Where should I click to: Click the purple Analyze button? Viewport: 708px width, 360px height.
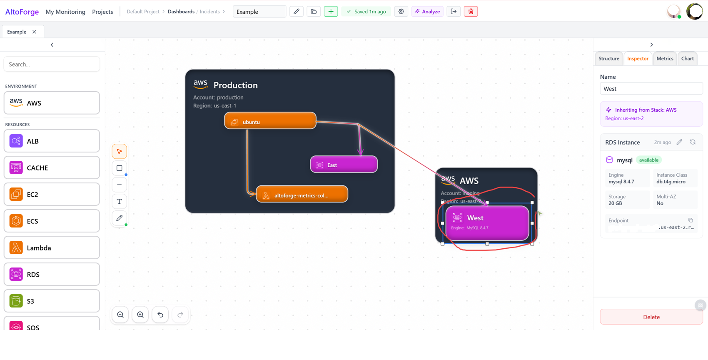tap(427, 12)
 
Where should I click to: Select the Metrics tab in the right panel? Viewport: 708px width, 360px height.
tap(665, 59)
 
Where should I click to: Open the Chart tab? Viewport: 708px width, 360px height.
tap(687, 59)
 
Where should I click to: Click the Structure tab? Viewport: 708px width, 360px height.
tap(608, 59)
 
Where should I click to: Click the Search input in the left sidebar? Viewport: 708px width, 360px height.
tap(52, 64)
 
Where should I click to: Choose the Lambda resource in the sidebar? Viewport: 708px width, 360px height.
tap(52, 248)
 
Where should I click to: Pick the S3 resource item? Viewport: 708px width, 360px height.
tap(52, 301)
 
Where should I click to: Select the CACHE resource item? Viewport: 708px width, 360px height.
tap(52, 168)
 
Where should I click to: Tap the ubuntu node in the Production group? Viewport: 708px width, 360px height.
tap(270, 122)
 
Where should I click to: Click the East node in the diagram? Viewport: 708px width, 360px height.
tap(344, 165)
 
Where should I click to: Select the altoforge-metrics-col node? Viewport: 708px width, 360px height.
tap(302, 195)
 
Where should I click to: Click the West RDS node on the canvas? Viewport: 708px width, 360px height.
tap(487, 222)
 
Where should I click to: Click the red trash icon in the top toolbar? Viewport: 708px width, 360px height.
tap(471, 12)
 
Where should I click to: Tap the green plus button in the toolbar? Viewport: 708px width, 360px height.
tap(331, 12)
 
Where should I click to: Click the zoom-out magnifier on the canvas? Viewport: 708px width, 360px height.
tap(120, 315)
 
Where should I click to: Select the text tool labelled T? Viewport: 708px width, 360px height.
tap(120, 202)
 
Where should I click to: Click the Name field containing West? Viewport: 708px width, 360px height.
tap(651, 89)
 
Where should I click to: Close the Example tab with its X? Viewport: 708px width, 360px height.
tap(35, 32)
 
